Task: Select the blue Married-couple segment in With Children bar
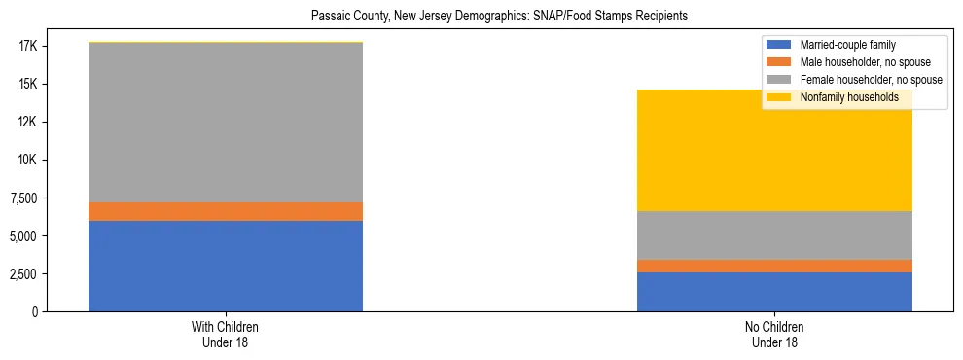(x=226, y=266)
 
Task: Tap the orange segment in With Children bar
(x=226, y=211)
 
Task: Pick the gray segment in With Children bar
(x=226, y=123)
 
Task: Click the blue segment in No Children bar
(x=774, y=291)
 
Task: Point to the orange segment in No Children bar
(x=774, y=266)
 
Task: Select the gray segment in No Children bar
(x=774, y=234)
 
